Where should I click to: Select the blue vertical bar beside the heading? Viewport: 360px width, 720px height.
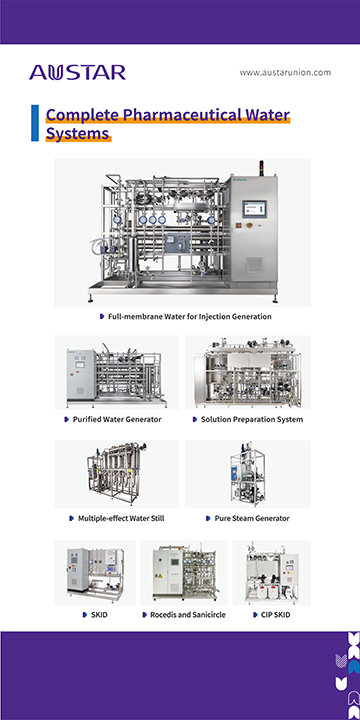pos(36,123)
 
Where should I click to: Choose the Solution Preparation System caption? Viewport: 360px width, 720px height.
pos(251,419)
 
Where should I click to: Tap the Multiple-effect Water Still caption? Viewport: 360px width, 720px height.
pos(119,518)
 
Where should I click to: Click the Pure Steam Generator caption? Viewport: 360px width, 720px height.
pos(251,518)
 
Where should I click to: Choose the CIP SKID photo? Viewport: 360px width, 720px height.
pos(271,572)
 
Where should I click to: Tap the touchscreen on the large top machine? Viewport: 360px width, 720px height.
pos(253,211)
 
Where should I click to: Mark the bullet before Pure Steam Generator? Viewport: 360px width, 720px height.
pos(209,518)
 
